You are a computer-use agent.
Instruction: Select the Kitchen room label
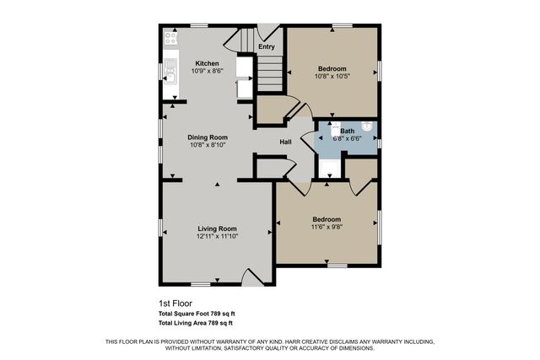point(207,63)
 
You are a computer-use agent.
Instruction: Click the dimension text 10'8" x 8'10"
point(207,145)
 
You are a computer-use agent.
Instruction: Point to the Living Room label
point(217,228)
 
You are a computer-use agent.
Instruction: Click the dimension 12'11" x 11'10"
point(217,237)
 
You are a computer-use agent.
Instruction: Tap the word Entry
point(267,47)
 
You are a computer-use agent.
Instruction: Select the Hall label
point(286,142)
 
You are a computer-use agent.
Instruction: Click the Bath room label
point(348,131)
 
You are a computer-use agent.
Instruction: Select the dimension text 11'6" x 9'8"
point(327,227)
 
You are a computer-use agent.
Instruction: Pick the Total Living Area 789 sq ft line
point(195,322)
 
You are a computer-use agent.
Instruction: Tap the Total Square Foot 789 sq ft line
point(197,314)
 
